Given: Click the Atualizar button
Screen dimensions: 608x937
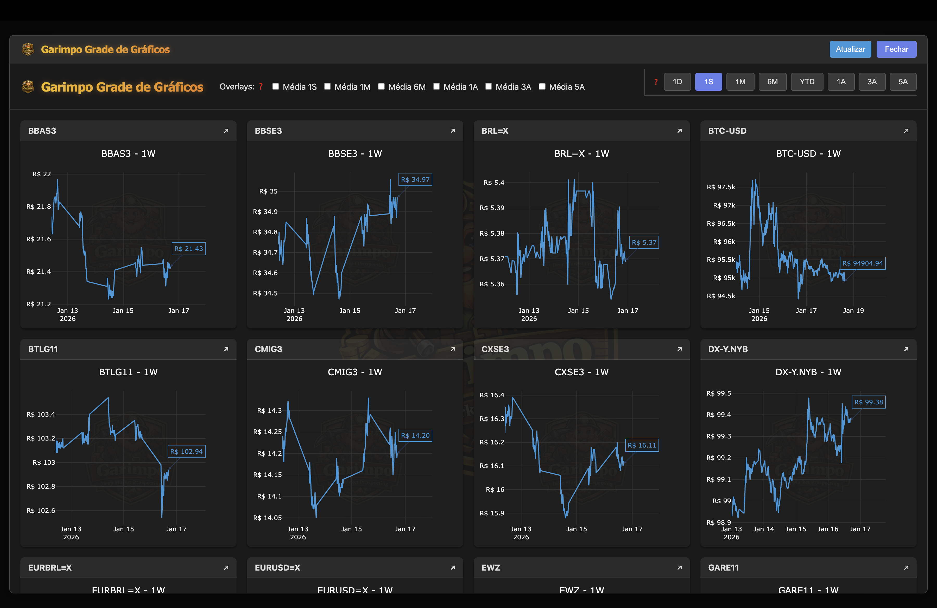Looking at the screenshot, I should (850, 49).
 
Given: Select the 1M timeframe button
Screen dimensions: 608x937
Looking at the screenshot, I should (740, 82).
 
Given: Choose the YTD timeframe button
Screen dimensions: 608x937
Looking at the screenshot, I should (807, 82).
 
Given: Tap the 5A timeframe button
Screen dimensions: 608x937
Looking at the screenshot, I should (903, 82).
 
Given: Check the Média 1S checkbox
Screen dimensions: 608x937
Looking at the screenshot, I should (276, 87).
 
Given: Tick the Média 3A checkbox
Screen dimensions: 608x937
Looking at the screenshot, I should (489, 87).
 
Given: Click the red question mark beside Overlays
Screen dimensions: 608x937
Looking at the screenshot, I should (261, 87).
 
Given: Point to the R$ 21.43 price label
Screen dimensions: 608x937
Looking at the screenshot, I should (189, 249).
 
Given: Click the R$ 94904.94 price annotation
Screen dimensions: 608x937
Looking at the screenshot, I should (863, 263).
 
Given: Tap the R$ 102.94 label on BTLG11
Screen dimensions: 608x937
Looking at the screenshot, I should (186, 451).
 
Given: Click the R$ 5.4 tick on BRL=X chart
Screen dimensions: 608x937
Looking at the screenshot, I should (494, 183).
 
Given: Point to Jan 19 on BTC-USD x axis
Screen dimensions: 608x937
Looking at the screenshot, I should (853, 311).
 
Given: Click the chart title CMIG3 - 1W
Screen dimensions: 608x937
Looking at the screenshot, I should (355, 372).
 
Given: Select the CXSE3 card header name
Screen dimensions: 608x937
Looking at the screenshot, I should (495, 349).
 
